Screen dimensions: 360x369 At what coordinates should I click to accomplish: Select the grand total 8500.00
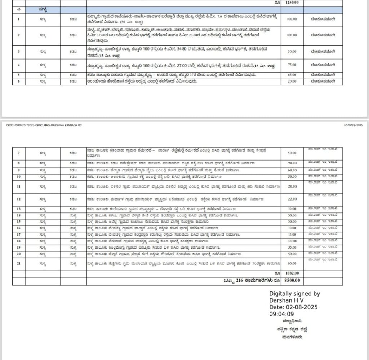point(292,280)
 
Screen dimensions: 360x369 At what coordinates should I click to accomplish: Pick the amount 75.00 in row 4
point(292,65)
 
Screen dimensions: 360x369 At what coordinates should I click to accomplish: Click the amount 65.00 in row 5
point(292,75)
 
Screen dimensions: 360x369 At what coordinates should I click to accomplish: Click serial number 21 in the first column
point(18,264)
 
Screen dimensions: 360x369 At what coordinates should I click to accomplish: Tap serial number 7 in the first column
point(18,153)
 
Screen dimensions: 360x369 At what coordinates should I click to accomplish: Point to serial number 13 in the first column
point(18,209)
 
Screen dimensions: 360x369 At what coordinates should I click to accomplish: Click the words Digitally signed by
point(294,294)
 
